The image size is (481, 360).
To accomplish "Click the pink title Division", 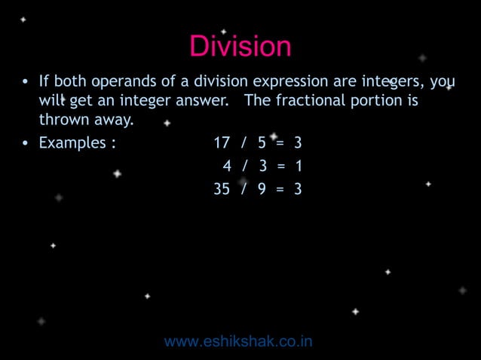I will click(240, 47).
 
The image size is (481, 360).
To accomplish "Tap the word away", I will click(110, 120).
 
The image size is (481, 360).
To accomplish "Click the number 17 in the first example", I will click(222, 142).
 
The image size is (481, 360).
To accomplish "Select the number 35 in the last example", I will click(222, 189).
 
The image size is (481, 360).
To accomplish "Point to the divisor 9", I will click(261, 189).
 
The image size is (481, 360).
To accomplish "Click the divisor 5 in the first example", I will click(261, 142).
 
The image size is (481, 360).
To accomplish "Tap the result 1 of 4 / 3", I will click(298, 166).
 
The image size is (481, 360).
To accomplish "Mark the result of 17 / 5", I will click(298, 142).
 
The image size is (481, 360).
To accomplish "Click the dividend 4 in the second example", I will click(226, 166).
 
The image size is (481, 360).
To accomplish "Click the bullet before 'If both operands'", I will click(25, 82).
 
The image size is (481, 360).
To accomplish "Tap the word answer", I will click(202, 101).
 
